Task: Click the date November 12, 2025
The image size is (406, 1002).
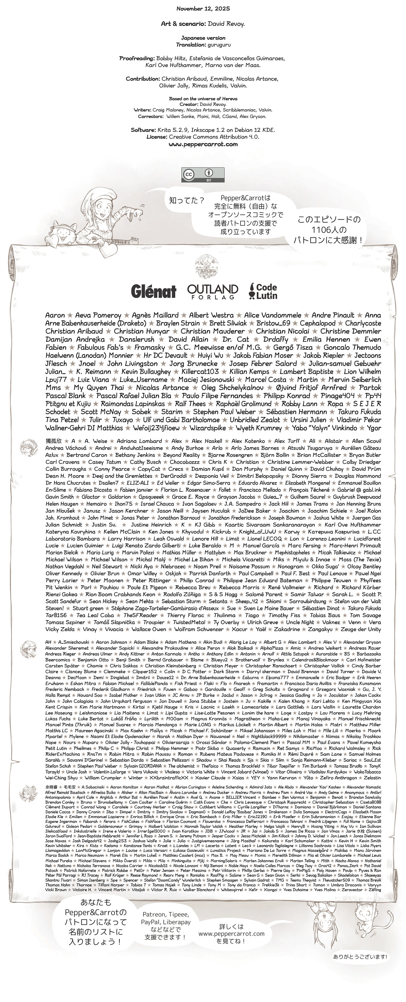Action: click(203, 8)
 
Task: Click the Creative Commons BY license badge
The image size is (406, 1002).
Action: click(203, 175)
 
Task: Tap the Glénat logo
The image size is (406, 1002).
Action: click(153, 291)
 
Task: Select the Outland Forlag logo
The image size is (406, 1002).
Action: click(212, 291)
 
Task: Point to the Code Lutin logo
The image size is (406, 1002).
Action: click(263, 291)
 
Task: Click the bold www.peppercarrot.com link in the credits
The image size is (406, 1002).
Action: click(203, 144)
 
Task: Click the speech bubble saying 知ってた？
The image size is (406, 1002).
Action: click(187, 201)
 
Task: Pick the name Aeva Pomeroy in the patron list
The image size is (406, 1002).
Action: click(98, 315)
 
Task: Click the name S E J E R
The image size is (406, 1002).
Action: click(367, 404)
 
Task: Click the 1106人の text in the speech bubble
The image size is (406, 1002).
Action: click(329, 229)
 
